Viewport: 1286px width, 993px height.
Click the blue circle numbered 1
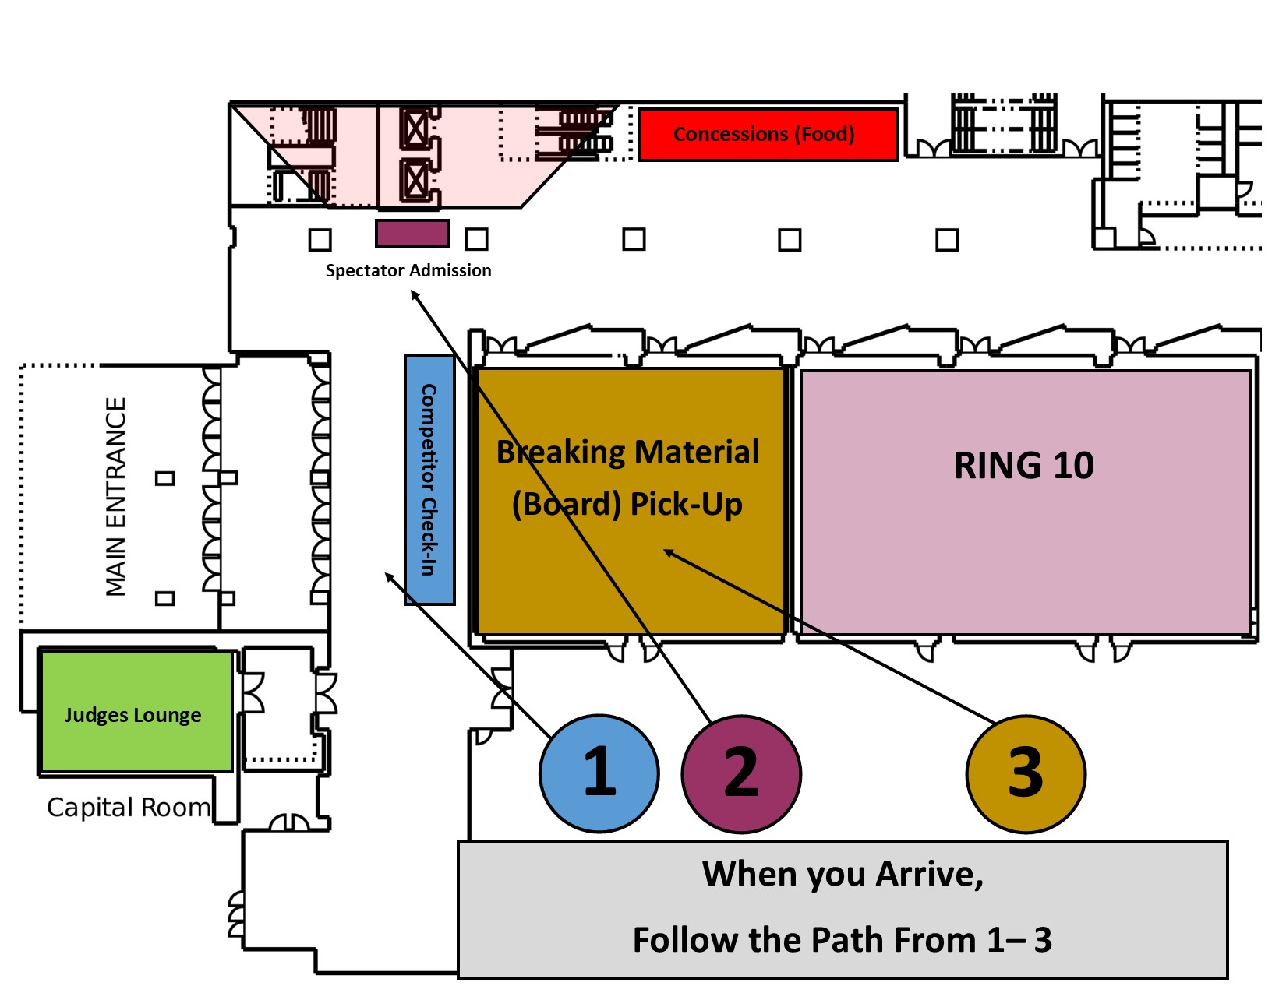tap(599, 773)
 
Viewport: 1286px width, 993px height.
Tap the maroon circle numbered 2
tap(741, 773)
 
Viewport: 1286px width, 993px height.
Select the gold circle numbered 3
tap(1026, 773)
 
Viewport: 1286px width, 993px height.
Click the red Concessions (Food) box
tap(768, 134)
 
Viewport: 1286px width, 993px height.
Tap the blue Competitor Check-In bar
tap(429, 480)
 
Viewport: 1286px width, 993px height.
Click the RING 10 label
tap(1024, 465)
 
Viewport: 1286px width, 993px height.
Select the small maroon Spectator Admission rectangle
tap(412, 233)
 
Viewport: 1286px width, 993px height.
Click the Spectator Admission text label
tap(408, 270)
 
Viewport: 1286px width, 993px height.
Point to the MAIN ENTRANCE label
tap(116, 497)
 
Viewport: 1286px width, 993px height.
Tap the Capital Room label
tap(129, 808)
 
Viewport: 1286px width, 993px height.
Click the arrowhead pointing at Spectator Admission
tap(415, 294)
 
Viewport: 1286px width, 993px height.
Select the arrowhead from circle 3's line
tap(668, 552)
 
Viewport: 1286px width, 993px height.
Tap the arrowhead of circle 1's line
tap(389, 576)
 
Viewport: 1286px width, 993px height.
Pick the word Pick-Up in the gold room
tap(686, 505)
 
